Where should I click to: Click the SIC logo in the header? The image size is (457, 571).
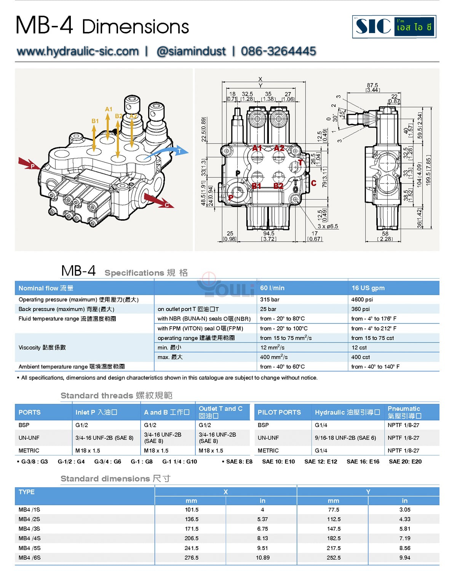(394, 27)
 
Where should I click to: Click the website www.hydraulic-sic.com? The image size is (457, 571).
(78, 51)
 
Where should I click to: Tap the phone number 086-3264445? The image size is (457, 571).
(278, 51)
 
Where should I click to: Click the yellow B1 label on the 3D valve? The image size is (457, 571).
(95, 121)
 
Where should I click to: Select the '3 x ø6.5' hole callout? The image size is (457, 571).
(328, 226)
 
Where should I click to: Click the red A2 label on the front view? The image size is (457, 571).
(279, 148)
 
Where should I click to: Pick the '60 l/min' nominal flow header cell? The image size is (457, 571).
(272, 288)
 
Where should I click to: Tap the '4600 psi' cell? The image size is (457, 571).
(362, 300)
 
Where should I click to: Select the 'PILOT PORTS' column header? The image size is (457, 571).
(279, 412)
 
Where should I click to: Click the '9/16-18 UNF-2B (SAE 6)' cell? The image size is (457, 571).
(345, 438)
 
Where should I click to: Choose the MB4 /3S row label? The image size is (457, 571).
(29, 529)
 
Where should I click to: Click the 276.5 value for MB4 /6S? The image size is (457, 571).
(192, 558)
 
